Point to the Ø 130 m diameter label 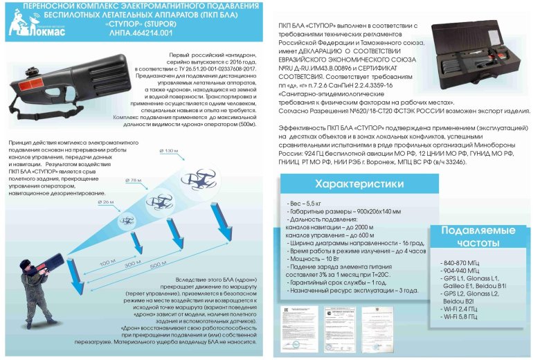tap(169, 150)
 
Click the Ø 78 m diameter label tap(136, 180)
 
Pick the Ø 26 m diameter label tap(107, 201)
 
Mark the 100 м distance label tap(107, 262)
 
